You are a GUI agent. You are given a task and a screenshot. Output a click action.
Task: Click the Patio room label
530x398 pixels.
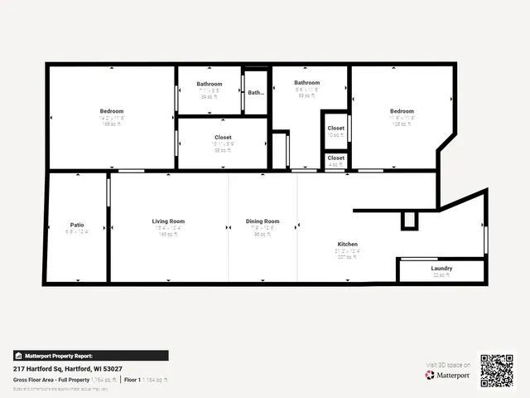click(77, 225)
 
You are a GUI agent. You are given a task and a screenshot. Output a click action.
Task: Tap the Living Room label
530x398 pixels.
click(168, 221)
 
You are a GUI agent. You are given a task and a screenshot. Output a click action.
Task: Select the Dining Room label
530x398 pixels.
click(263, 221)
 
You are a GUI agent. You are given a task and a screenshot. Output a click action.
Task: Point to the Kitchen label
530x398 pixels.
click(347, 245)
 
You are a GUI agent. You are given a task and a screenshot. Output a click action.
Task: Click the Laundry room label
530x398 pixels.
click(441, 269)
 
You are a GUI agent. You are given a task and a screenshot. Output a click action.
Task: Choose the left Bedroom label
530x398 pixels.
click(112, 111)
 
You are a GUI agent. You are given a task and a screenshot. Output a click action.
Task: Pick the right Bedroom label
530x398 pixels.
click(402, 111)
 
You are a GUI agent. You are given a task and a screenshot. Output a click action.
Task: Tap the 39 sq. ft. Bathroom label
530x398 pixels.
click(209, 84)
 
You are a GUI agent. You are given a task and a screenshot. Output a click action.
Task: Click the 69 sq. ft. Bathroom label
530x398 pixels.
click(306, 83)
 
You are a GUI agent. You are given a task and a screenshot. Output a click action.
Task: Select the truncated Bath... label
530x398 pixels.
click(256, 93)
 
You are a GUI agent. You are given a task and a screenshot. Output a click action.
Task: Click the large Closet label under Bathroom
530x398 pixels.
click(223, 137)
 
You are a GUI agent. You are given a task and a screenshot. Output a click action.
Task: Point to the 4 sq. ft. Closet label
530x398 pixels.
click(335, 158)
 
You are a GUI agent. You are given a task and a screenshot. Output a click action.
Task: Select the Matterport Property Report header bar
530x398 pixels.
click(90, 355)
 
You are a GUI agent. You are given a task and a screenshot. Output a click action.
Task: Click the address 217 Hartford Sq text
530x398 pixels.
click(68, 367)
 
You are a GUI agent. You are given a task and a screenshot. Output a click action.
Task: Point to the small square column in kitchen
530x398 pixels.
click(408, 220)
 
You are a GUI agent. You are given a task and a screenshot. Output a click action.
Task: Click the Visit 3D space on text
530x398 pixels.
click(448, 365)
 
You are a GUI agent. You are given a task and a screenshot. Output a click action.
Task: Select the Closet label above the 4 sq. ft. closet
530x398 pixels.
click(335, 129)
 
